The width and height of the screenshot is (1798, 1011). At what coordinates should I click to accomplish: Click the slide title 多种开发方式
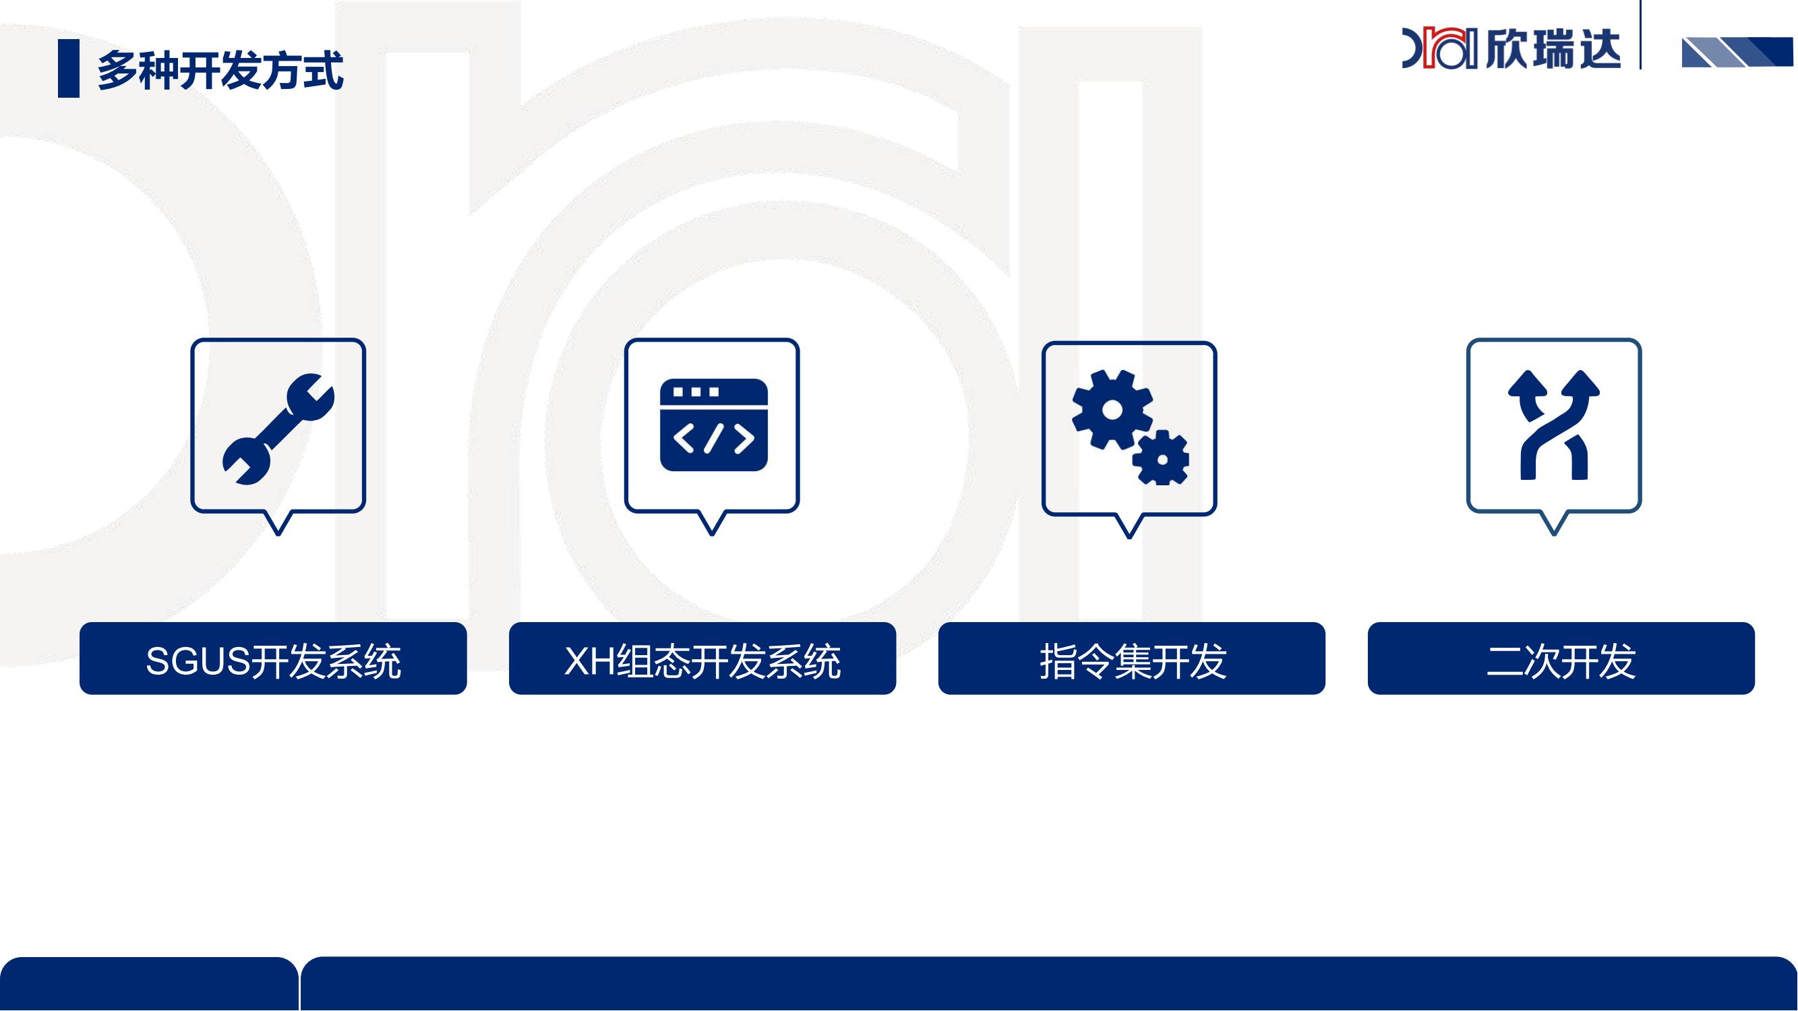click(x=220, y=70)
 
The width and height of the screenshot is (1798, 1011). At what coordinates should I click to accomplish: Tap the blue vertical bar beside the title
click(x=68, y=68)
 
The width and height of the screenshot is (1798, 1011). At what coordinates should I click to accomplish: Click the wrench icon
click(x=278, y=429)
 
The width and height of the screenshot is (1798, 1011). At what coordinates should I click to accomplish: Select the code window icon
click(x=713, y=425)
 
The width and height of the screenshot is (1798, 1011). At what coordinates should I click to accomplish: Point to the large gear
click(x=1112, y=410)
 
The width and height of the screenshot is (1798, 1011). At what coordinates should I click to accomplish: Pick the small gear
click(x=1161, y=458)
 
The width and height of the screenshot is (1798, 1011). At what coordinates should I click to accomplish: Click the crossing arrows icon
click(x=1554, y=425)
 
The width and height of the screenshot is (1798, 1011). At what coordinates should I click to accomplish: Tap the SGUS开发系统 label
click(x=273, y=660)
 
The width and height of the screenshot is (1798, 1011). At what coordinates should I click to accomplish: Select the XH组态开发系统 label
click(x=702, y=660)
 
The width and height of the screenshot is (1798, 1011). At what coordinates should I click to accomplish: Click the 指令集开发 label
click(x=1132, y=660)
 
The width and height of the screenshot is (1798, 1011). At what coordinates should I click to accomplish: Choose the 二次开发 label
click(x=1561, y=660)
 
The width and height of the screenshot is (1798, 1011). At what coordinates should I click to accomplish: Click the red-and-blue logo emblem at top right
click(x=1440, y=48)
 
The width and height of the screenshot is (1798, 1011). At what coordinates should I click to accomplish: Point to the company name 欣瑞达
click(x=1553, y=48)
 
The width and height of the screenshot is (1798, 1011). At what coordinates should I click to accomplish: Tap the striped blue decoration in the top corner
click(x=1737, y=53)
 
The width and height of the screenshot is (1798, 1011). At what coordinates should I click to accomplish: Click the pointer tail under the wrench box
click(x=278, y=524)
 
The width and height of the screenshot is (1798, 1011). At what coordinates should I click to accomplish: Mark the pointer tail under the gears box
click(x=1129, y=527)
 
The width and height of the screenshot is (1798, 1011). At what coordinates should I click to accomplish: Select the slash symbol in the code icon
click(x=713, y=438)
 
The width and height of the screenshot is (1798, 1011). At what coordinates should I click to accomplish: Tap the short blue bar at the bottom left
click(x=149, y=984)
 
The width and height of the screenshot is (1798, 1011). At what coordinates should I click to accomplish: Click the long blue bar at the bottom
click(x=1049, y=984)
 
